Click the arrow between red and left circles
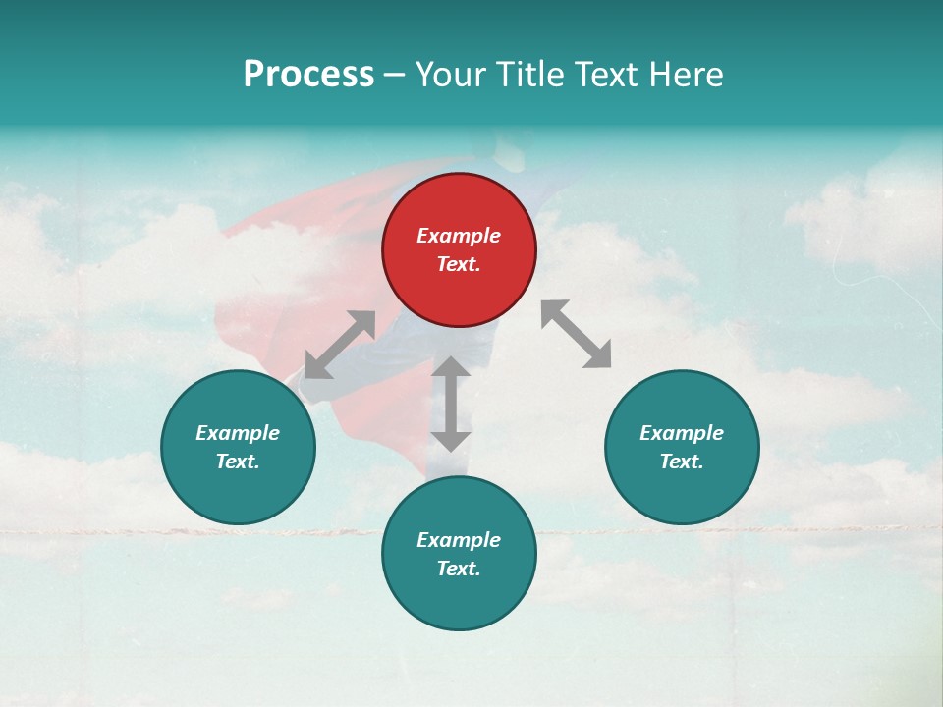pos(340,345)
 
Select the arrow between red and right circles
pos(577,335)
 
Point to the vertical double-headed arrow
pos(451,404)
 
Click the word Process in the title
pos(308,75)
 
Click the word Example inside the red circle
pos(459,236)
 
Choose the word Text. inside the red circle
pos(459,264)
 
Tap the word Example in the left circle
pos(238,433)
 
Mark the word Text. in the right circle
pos(682,462)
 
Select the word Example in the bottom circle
pos(459,540)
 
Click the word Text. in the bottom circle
pos(459,569)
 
